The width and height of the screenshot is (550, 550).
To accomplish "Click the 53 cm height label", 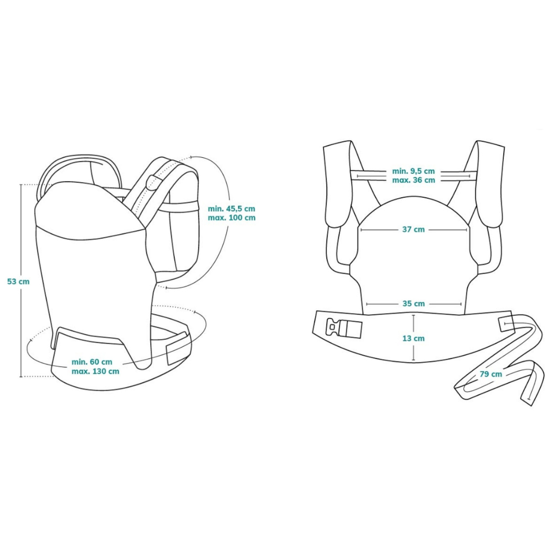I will (18, 281).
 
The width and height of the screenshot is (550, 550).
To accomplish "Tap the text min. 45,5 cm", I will (231, 208).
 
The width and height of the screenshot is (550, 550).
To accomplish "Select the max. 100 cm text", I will (231, 217).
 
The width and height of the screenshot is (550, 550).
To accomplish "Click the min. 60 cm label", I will (92, 362).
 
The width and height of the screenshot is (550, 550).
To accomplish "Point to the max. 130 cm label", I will (95, 371).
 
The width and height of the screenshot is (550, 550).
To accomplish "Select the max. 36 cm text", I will (414, 180).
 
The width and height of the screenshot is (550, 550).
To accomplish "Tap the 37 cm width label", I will (413, 230).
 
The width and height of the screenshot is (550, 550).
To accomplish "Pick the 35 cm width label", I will (413, 304).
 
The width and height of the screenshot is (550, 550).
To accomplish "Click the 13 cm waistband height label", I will (413, 338).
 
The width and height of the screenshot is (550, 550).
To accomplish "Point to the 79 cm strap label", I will (490, 374).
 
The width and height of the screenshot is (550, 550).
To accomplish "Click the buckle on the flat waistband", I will (345, 328).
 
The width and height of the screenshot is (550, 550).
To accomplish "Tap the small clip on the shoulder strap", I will (151, 182).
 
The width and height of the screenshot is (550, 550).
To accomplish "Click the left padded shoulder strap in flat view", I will (337, 186).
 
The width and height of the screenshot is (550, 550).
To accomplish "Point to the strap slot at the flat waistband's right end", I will (508, 323).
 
